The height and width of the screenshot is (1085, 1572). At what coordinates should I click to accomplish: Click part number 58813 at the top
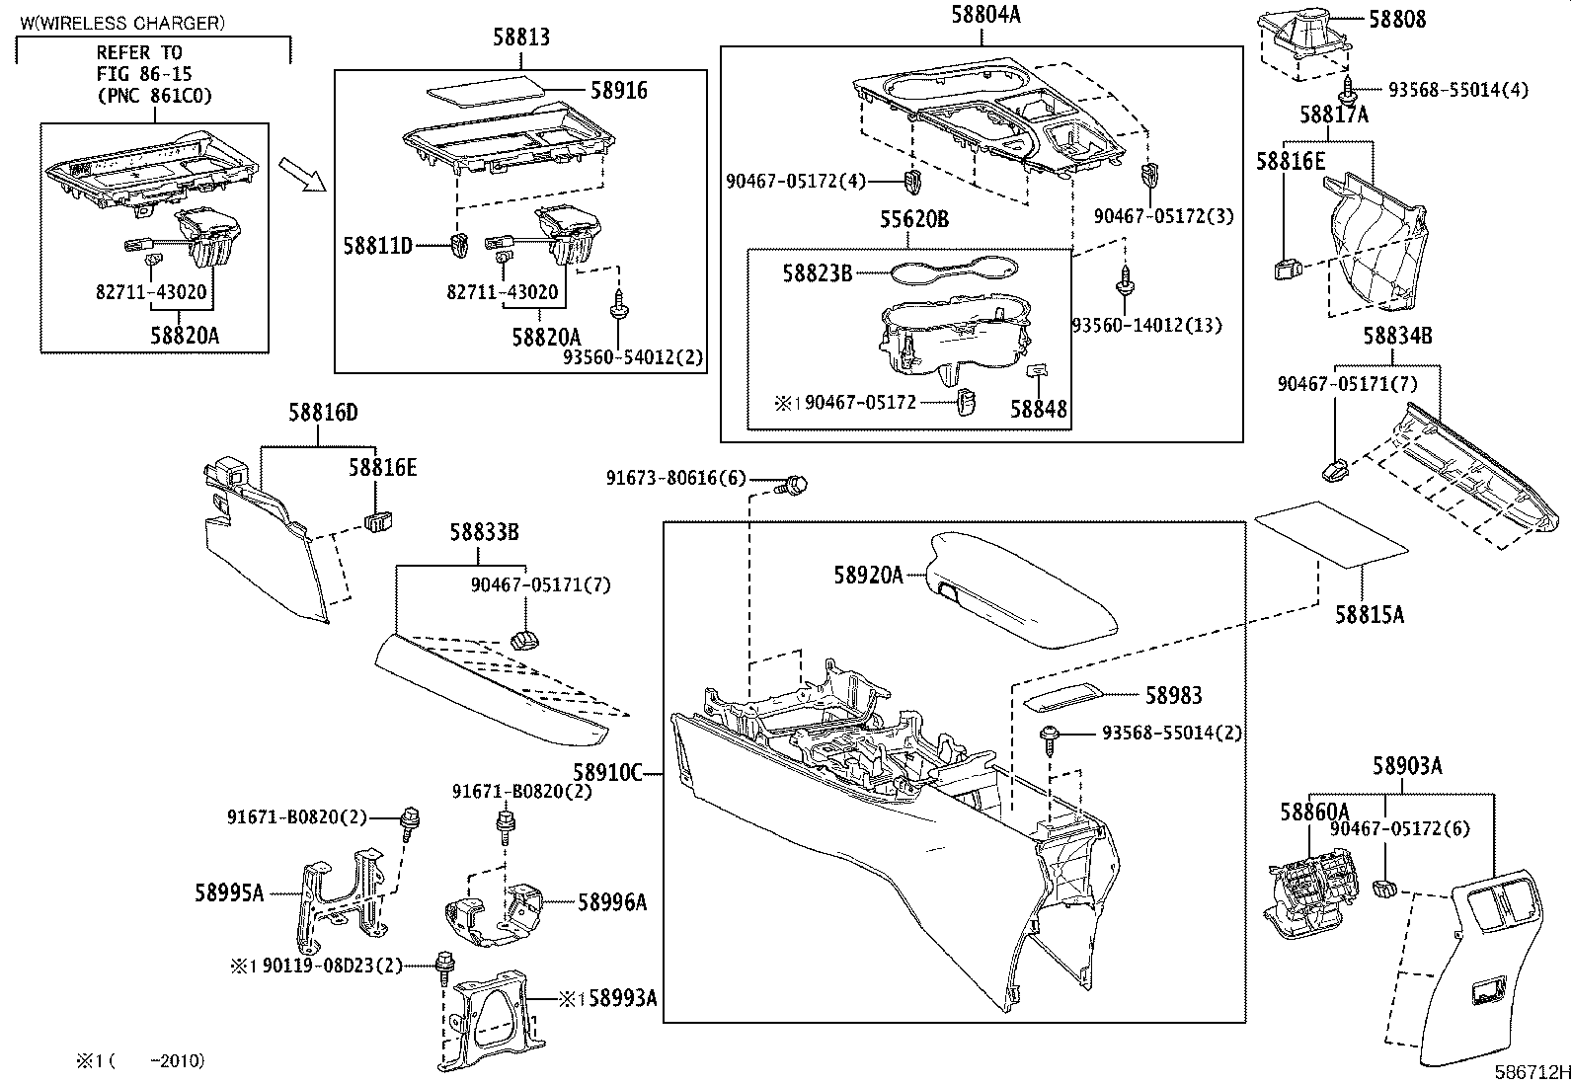(x=521, y=38)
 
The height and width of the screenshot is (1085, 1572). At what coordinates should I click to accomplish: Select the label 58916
(x=618, y=91)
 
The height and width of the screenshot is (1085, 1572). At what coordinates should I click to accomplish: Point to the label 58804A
(x=985, y=15)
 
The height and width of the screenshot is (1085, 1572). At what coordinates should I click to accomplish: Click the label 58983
(x=1173, y=696)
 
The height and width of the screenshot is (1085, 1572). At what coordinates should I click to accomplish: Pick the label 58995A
(x=229, y=893)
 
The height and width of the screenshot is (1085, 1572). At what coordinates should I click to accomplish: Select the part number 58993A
(x=622, y=997)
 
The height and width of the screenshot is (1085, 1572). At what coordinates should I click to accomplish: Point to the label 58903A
(x=1406, y=765)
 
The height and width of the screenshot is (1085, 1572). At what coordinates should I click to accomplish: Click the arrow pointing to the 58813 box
(x=301, y=174)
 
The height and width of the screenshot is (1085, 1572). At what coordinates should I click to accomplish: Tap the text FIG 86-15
(x=144, y=74)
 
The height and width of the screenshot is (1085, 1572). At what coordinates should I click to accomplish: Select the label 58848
(x=1038, y=408)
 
